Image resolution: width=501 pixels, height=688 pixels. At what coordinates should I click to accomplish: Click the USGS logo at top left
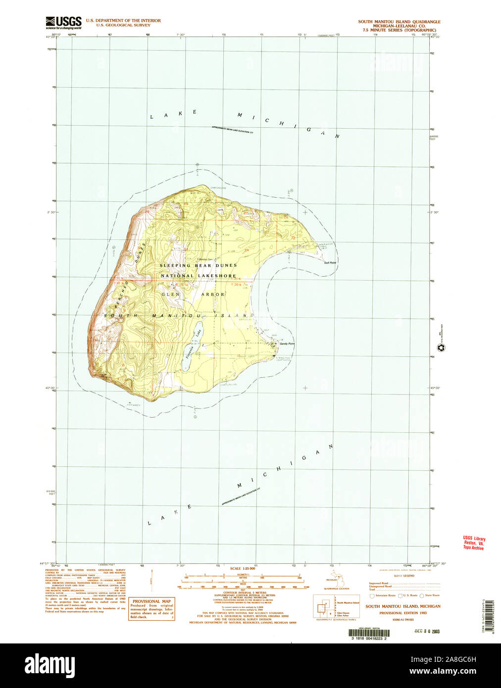[63, 23]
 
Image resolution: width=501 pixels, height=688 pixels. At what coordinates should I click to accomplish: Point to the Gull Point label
[330, 262]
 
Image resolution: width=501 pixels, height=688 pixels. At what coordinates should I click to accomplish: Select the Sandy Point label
[287, 344]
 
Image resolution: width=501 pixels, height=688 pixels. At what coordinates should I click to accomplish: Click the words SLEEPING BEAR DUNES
[198, 266]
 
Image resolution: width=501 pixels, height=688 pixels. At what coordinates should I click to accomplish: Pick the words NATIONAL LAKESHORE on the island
[198, 276]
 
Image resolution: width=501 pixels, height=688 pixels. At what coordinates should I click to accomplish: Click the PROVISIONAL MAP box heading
[152, 601]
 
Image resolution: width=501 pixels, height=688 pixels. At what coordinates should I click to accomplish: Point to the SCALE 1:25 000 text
[242, 569]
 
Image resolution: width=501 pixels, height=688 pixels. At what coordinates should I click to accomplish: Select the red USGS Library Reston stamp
[474, 543]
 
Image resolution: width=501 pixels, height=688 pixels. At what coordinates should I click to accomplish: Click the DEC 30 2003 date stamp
[428, 631]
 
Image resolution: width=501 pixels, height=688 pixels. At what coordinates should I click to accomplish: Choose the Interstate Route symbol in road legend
[372, 595]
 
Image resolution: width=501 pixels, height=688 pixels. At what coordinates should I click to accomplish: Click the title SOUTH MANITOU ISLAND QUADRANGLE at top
[399, 22]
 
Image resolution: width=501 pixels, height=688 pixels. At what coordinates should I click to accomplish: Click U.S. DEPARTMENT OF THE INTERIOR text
[123, 21]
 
